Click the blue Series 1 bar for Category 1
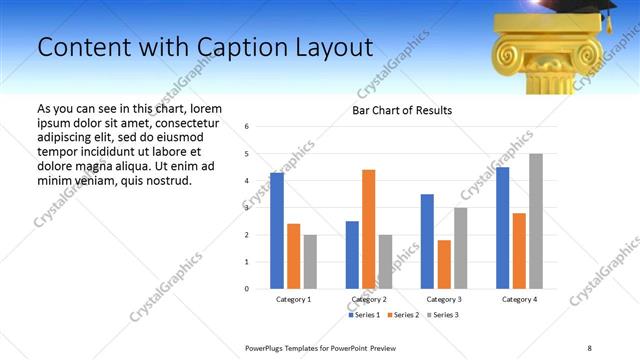(277, 231)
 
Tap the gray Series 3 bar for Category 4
(536, 221)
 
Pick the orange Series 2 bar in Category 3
(444, 264)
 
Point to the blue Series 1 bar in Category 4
(502, 228)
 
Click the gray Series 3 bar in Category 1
(310, 262)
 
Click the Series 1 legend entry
(365, 315)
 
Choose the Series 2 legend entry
(403, 315)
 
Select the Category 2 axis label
(368, 300)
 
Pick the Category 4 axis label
(519, 300)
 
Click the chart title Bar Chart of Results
(402, 110)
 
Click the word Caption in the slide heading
(246, 47)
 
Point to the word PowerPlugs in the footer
(267, 347)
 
